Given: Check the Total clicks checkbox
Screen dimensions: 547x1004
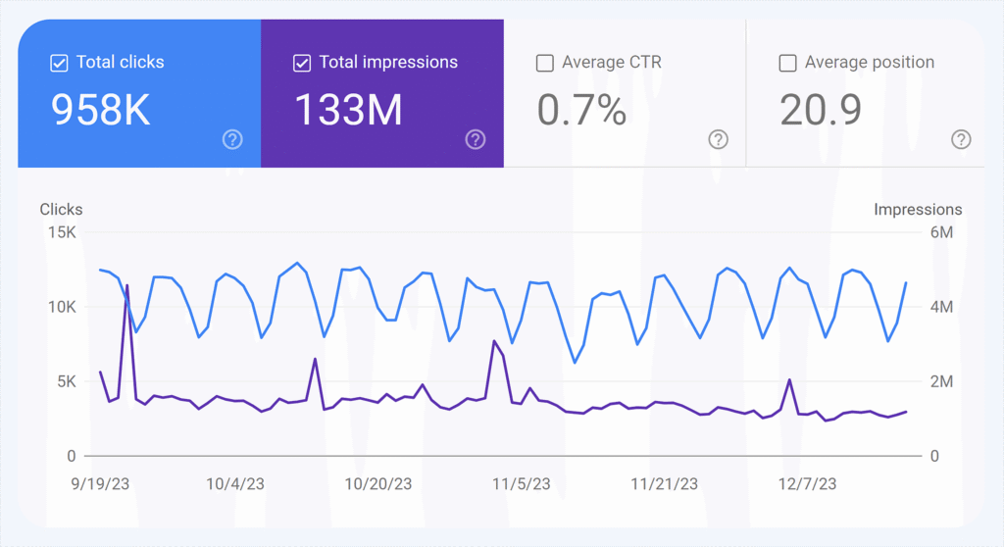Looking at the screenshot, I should coord(58,63).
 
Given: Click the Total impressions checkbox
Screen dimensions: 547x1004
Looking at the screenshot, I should coord(302,63).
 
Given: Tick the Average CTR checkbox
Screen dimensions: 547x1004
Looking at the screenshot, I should coord(545,63).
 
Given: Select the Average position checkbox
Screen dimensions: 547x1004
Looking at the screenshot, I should coord(787,63).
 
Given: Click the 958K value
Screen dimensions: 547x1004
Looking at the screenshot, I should coord(100,111).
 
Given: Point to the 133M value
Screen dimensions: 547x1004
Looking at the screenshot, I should coord(348,111).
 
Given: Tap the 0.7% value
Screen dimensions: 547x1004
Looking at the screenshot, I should coord(581,111).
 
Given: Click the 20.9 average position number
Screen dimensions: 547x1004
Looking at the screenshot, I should coord(821,111).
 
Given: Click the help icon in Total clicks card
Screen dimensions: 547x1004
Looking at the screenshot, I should coord(232,140).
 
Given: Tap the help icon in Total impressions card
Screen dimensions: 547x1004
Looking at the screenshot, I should coord(476,140).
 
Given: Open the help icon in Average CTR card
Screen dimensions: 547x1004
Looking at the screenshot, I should coord(719,140).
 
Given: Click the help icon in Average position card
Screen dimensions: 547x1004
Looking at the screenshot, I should coord(962,140).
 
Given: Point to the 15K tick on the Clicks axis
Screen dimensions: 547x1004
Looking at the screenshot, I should coord(61,232).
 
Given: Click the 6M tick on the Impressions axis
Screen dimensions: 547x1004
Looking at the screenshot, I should coord(941,232).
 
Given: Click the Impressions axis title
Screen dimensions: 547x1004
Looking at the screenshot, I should coord(918,210).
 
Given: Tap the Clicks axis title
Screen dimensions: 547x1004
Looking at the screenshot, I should coord(61,210).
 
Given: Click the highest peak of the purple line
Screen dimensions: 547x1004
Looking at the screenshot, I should coord(126,285).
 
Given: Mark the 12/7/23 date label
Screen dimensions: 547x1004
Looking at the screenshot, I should coord(808,483).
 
